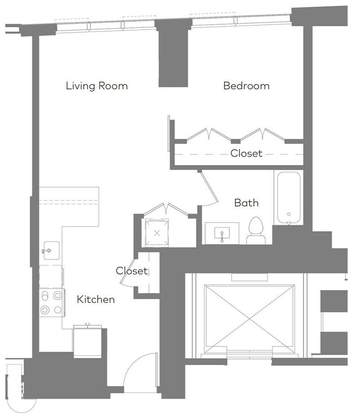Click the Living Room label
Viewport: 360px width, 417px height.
pyautogui.click(x=97, y=86)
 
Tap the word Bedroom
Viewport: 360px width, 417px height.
pyautogui.click(x=246, y=86)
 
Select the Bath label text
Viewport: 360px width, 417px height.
pyautogui.click(x=246, y=203)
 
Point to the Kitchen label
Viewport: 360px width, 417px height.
pyautogui.click(x=96, y=299)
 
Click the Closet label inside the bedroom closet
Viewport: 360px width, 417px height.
pyautogui.click(x=246, y=154)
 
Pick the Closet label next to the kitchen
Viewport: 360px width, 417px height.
pyautogui.click(x=132, y=271)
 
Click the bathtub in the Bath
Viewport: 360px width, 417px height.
pyautogui.click(x=288, y=198)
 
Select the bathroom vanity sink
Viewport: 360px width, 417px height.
pyautogui.click(x=222, y=233)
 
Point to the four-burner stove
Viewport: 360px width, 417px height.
pyautogui.click(x=51, y=302)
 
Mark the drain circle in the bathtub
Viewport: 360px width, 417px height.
pyautogui.click(x=288, y=215)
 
